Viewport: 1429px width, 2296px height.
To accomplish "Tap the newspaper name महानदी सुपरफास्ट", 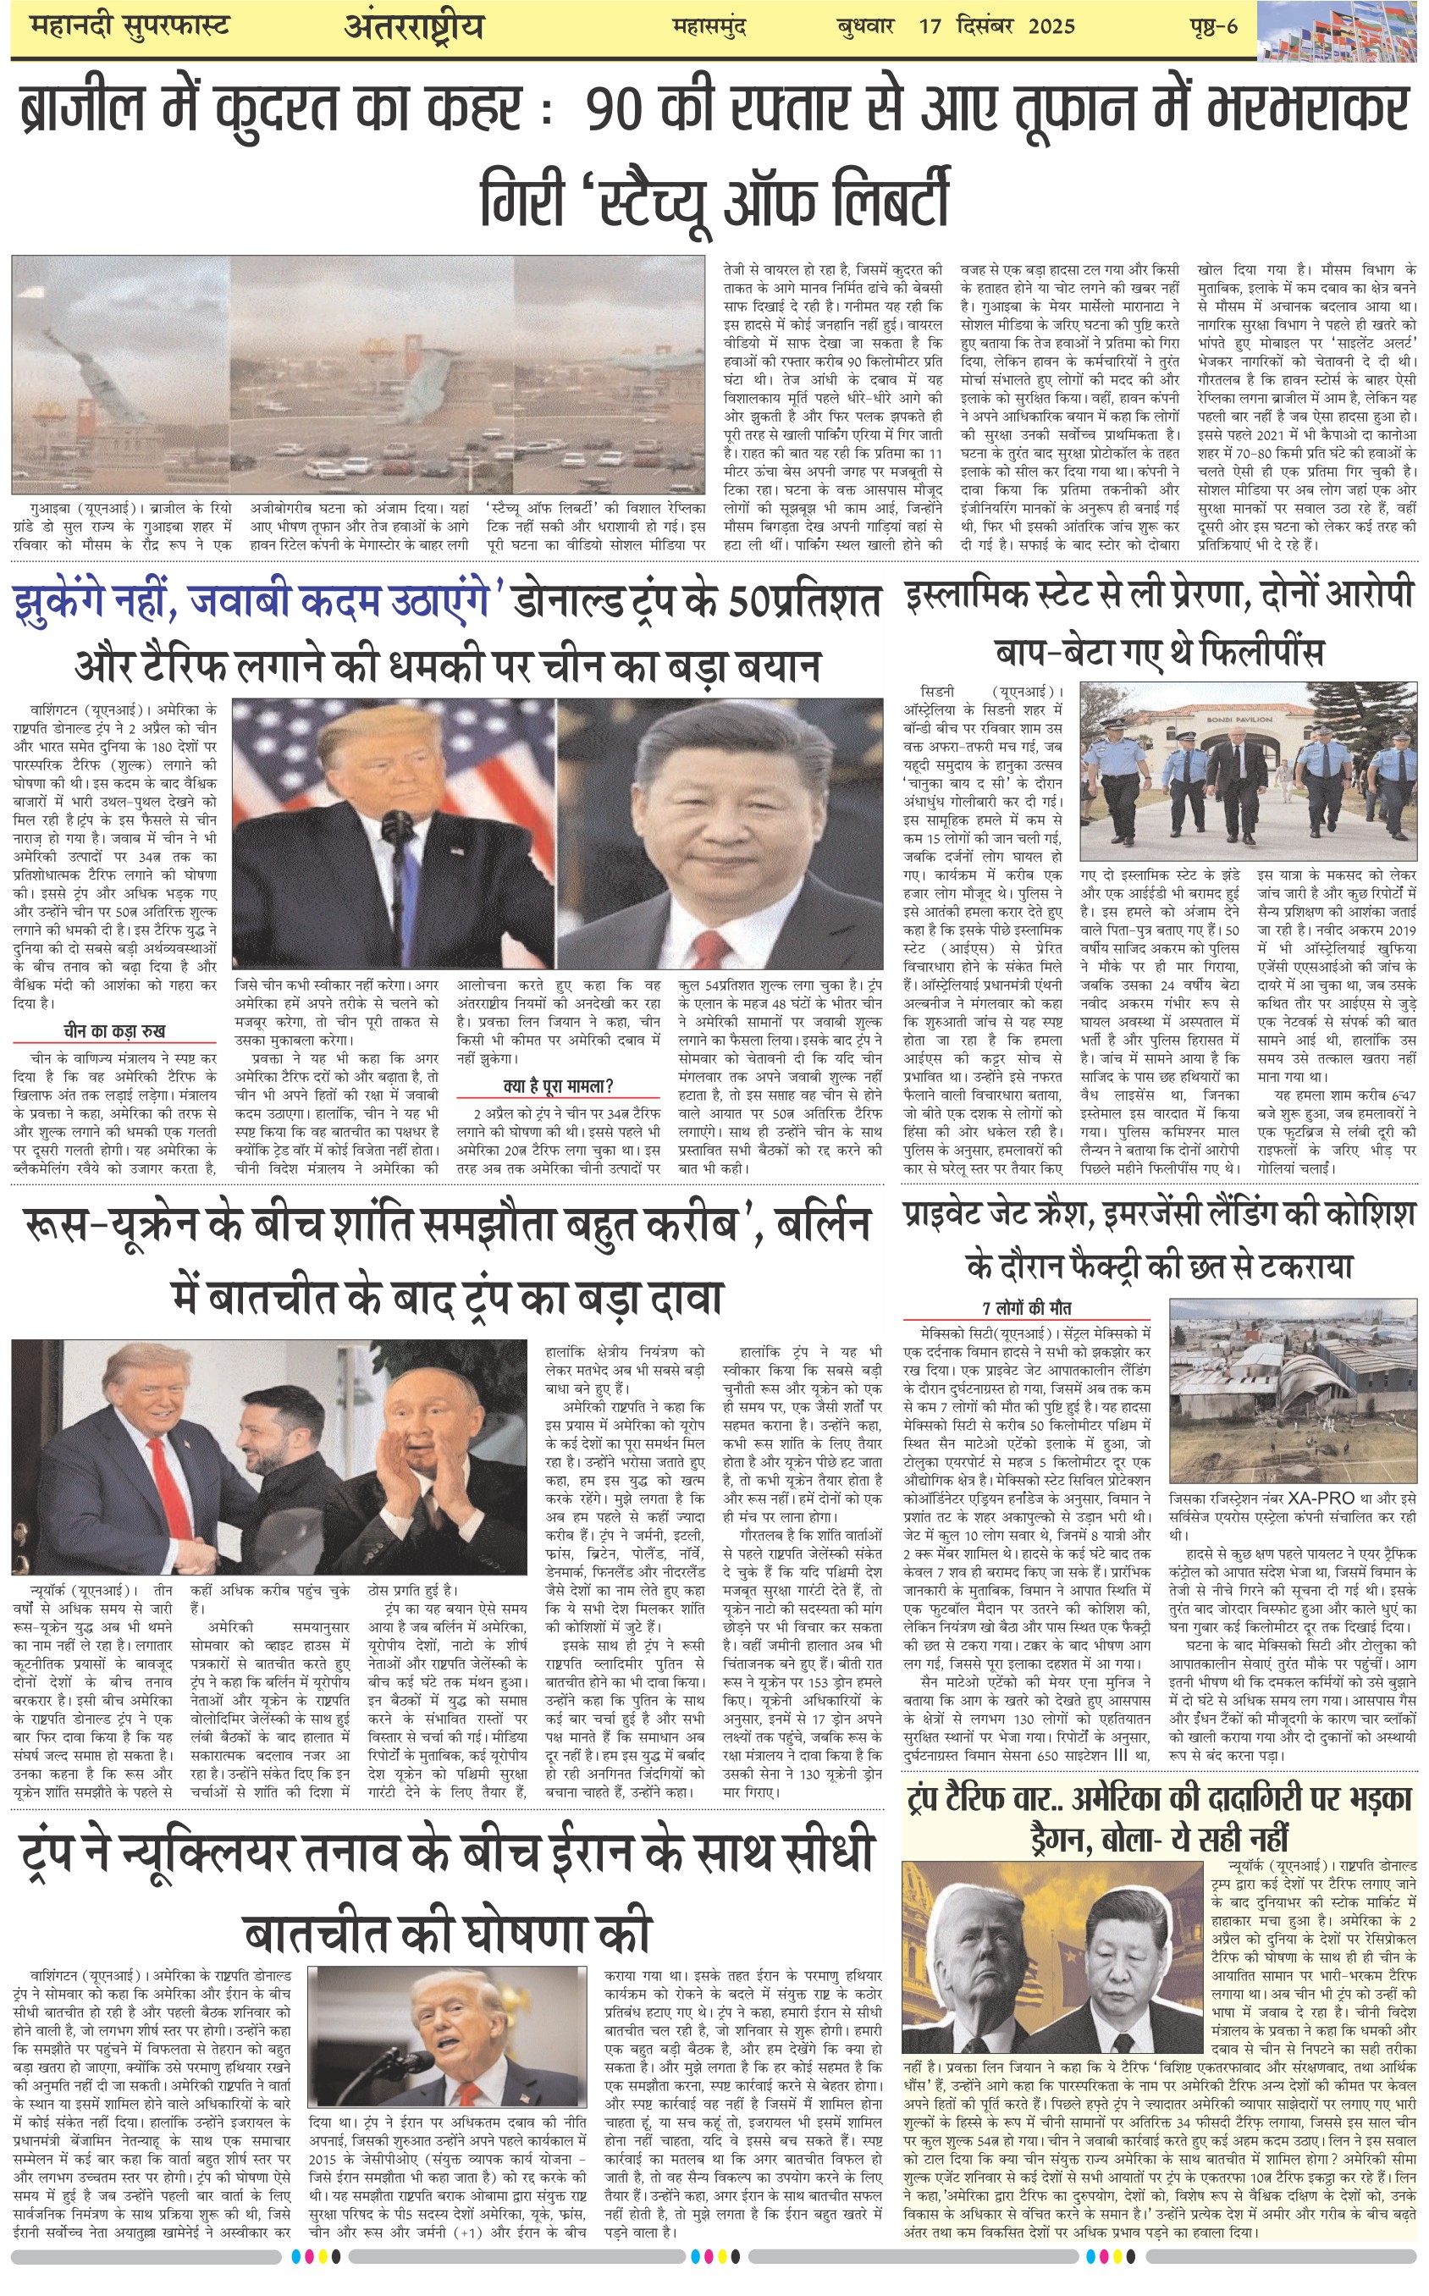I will [x=130, y=26].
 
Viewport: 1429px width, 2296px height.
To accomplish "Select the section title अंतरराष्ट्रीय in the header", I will [x=414, y=26].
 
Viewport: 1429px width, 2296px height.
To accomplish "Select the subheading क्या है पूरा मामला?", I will [x=559, y=1085].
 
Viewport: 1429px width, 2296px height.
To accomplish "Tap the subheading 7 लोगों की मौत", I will [x=1026, y=1308].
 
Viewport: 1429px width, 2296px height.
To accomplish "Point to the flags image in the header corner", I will [x=1339, y=30].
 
